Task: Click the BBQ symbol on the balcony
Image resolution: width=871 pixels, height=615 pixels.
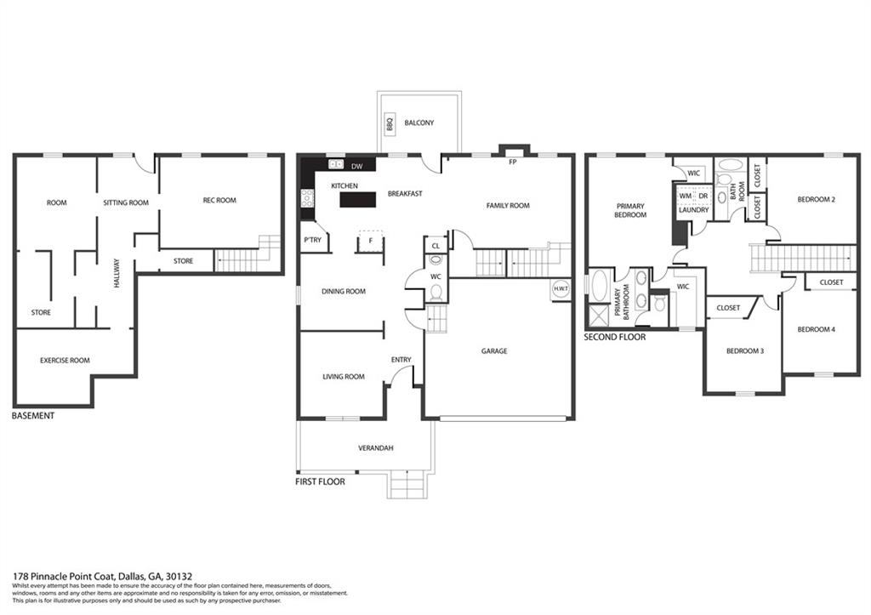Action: click(390, 123)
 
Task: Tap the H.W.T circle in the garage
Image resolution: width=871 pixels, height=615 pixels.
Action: click(560, 289)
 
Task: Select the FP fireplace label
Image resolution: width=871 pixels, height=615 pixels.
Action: click(513, 162)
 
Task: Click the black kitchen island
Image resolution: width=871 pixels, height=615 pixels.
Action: click(357, 199)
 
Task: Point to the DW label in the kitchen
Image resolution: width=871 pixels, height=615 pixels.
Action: click(356, 166)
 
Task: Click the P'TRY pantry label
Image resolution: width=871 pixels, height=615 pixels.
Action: click(313, 240)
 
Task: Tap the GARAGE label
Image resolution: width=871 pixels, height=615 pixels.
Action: click(494, 351)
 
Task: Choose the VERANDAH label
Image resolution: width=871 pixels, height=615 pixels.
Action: click(375, 447)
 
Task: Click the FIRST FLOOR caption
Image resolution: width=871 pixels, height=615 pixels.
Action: click(320, 481)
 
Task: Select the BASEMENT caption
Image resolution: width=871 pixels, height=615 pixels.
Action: click(33, 416)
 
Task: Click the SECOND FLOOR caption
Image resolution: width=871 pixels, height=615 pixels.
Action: click(615, 337)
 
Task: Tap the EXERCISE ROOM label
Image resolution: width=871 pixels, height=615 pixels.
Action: click(65, 361)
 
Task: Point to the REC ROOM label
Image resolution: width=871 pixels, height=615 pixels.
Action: click(219, 201)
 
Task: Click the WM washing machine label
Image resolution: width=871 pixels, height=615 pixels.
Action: click(686, 196)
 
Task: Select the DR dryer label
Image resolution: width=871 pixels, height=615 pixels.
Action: click(703, 196)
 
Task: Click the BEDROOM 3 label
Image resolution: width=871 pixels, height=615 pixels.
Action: click(745, 351)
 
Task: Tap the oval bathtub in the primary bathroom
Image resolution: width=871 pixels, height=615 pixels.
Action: click(600, 286)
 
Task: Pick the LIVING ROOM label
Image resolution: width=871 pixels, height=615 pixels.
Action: click(344, 377)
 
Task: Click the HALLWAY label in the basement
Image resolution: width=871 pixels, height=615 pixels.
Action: click(117, 273)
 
